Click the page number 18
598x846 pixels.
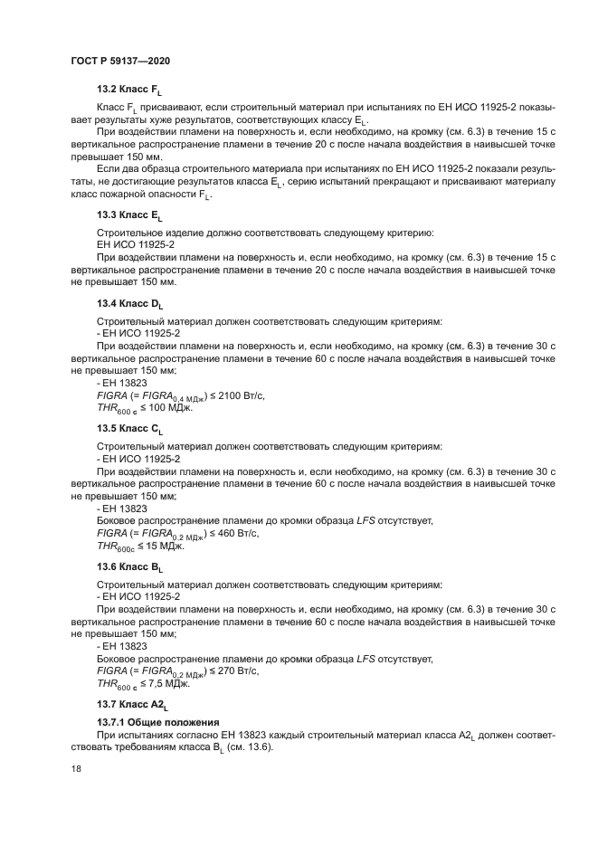click(76, 768)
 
